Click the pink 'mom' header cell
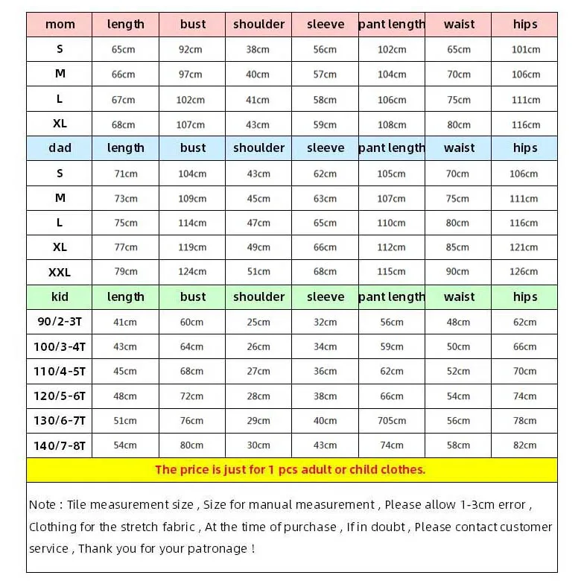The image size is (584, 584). point(60,25)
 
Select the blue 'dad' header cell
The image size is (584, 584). point(60,148)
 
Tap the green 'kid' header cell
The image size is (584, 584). point(60,297)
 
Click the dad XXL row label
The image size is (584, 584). point(60,273)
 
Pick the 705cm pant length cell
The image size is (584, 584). point(392,421)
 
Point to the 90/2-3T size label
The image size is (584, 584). point(60,323)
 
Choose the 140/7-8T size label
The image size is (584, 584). point(60,445)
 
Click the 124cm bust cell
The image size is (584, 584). point(192,272)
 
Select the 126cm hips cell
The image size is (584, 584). point(524,272)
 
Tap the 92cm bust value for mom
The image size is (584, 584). point(192,50)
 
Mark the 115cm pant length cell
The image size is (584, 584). point(392,272)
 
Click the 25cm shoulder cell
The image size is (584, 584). point(258,323)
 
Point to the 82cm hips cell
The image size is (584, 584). point(524,445)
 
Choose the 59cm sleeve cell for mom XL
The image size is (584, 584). point(325,124)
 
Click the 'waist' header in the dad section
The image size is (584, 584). point(459,148)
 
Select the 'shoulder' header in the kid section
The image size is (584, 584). point(258,297)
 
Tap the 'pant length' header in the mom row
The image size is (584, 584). point(392,25)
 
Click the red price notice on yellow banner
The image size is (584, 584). point(290,469)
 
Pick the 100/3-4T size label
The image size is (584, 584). point(60,347)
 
